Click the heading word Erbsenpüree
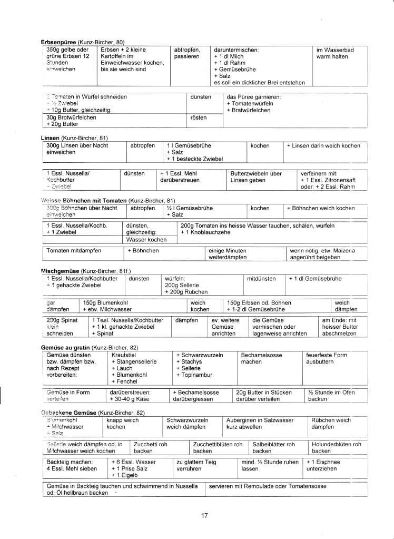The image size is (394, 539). [59, 42]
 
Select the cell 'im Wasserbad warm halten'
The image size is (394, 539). [334, 53]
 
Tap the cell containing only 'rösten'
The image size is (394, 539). [199, 117]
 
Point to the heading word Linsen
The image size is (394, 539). [51, 138]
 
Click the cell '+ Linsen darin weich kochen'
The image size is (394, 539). [323, 145]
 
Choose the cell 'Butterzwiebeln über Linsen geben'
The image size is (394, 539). [256, 177]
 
